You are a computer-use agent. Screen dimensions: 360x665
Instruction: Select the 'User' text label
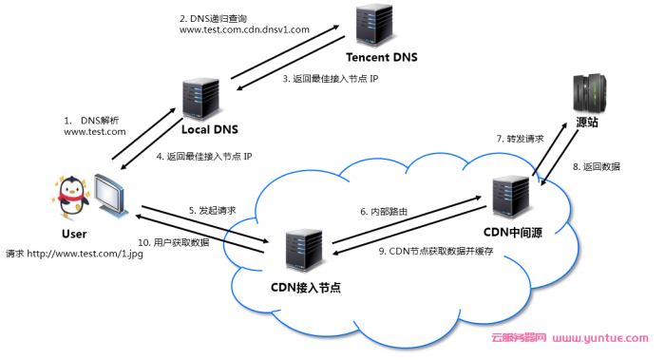[x=73, y=234]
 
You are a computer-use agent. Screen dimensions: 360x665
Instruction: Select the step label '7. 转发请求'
[x=521, y=139]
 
